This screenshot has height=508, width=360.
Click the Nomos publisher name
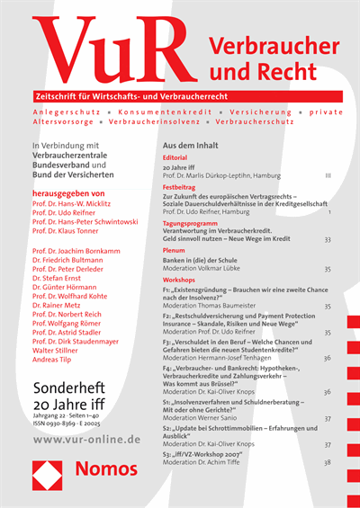104,469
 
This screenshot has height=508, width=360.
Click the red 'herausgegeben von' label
67,192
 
